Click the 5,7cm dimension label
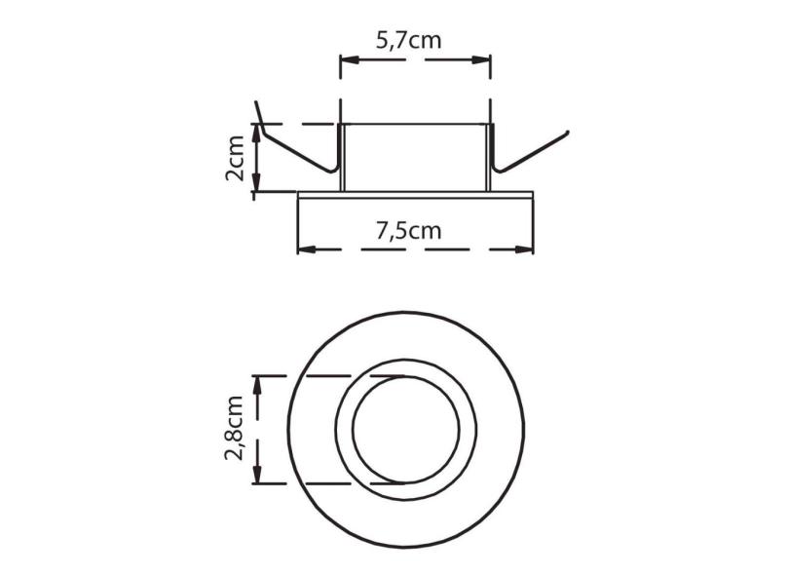(x=414, y=41)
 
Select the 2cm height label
(x=234, y=159)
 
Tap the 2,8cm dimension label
(x=233, y=429)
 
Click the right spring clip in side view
(x=531, y=152)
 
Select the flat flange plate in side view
(x=416, y=194)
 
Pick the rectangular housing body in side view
(x=416, y=156)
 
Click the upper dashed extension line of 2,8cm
(x=331, y=375)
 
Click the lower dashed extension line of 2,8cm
(x=331, y=483)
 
